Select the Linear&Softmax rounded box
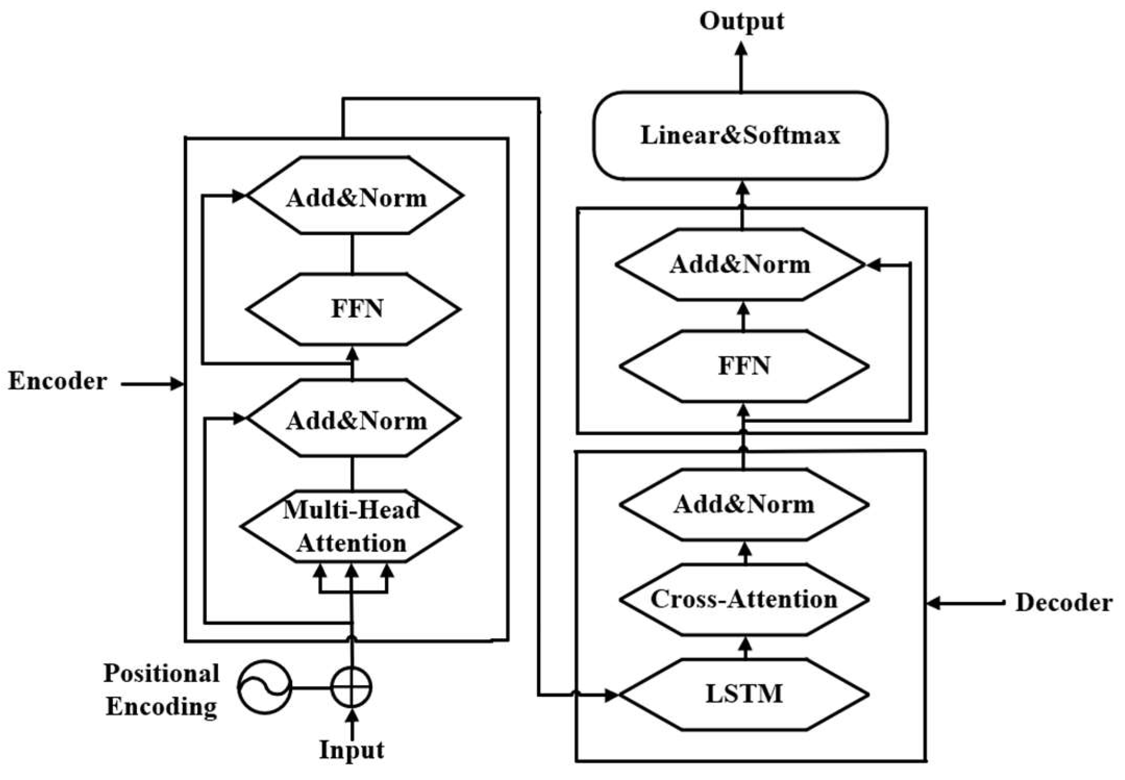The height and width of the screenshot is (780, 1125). (x=740, y=135)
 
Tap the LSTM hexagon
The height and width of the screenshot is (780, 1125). (x=744, y=694)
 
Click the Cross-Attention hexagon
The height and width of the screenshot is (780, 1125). (x=744, y=599)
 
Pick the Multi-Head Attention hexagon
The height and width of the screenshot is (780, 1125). (x=351, y=526)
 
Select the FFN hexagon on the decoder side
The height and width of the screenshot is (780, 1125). (x=744, y=366)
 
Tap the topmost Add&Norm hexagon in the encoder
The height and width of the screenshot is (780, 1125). (x=356, y=196)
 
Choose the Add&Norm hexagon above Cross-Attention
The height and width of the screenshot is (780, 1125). (x=744, y=504)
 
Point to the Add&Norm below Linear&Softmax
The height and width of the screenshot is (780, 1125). (x=740, y=265)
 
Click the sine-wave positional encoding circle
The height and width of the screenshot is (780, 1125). (x=265, y=687)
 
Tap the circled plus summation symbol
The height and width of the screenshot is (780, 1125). (x=352, y=687)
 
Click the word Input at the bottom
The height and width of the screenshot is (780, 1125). (x=352, y=750)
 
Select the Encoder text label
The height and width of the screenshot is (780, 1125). (x=57, y=381)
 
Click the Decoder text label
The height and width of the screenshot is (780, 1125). (x=1064, y=603)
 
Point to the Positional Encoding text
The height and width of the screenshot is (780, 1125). (x=161, y=690)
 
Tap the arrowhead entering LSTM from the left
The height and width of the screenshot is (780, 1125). (x=610, y=695)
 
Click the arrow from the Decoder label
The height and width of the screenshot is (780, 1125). (x=964, y=603)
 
